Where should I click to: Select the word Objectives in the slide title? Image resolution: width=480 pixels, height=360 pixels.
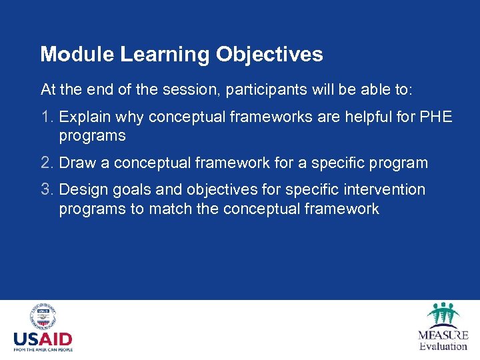pos(269,55)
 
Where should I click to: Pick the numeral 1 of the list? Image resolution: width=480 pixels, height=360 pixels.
pos(45,117)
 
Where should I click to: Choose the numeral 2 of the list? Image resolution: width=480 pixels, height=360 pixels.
pos(45,163)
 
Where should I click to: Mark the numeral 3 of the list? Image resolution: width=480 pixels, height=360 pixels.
pos(45,190)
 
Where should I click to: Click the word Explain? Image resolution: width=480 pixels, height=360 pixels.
pos(85,117)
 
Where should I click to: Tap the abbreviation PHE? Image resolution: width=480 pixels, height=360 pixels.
pos(436,117)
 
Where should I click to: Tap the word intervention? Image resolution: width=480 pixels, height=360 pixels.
pos(387,190)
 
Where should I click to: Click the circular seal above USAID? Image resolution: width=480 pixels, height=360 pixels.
pos(43,317)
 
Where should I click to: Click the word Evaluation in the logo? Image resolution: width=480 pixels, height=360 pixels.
pos(443,346)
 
